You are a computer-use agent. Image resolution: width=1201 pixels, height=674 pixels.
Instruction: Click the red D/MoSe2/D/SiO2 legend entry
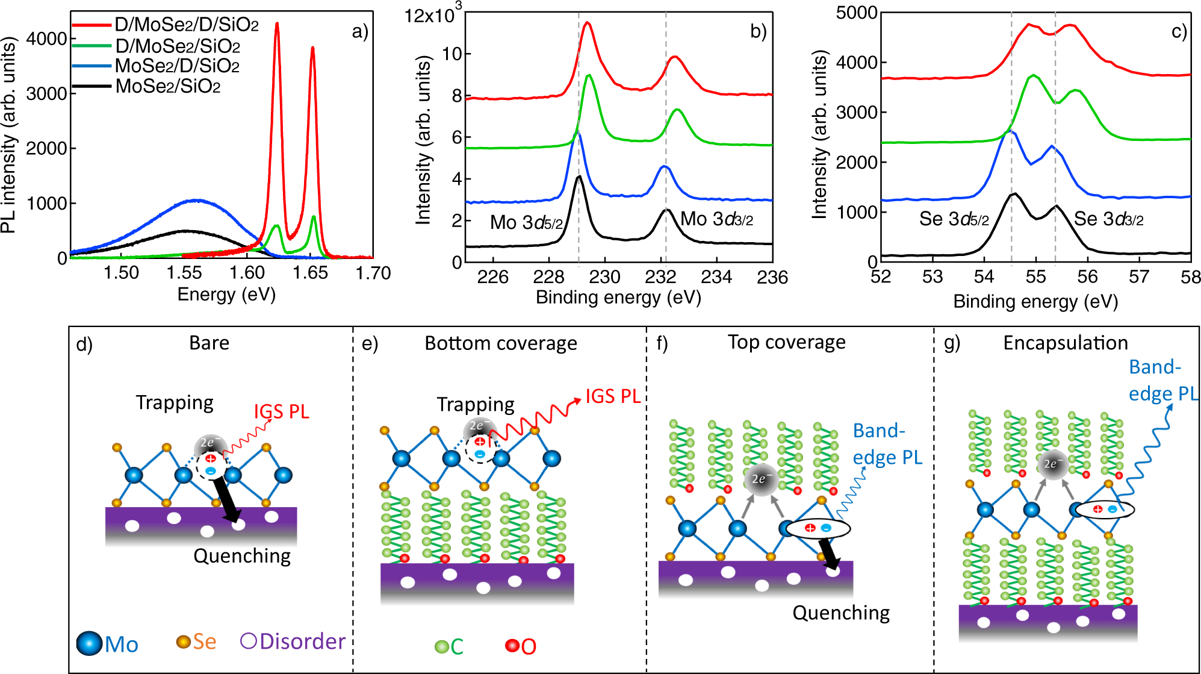[x=187, y=25]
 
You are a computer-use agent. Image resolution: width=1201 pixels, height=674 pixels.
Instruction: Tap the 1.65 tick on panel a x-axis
[x=310, y=273]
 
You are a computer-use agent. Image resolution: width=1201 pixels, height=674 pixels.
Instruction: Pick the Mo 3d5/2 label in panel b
[x=526, y=223]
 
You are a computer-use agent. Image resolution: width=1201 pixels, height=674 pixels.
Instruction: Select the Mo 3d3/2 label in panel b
[x=716, y=219]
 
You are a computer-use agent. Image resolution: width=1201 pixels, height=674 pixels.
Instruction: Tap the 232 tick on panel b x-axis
[x=661, y=277]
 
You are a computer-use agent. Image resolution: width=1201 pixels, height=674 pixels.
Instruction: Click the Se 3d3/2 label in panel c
[x=1108, y=219]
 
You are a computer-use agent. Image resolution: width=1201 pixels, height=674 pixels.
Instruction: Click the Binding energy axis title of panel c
[x=1035, y=301]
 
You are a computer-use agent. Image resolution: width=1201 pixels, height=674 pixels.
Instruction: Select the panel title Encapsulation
[x=1065, y=343]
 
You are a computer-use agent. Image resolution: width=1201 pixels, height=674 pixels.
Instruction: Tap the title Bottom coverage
[x=500, y=343]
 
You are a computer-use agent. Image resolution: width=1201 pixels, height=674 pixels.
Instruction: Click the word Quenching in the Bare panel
[x=242, y=555]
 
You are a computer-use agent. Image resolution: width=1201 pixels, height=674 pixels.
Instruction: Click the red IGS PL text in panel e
[x=613, y=396]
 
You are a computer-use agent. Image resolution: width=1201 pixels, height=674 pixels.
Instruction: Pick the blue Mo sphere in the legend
[x=89, y=643]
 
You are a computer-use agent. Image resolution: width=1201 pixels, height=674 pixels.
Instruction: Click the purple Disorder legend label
[x=302, y=641]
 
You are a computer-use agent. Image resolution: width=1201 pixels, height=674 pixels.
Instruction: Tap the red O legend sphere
[x=512, y=646]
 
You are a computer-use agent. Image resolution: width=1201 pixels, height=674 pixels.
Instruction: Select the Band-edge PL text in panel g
[x=1162, y=380]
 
